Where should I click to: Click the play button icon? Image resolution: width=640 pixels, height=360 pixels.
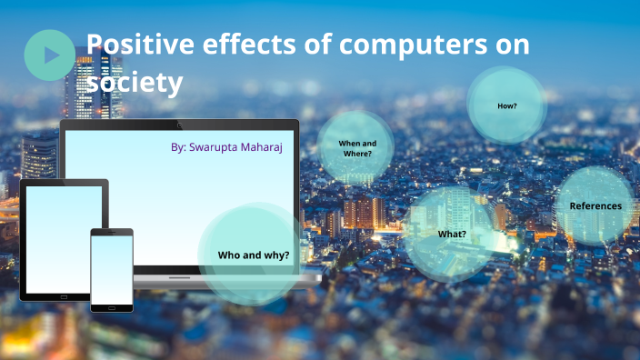[x=50, y=55]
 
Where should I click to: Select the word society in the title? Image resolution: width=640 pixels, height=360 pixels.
[x=135, y=83]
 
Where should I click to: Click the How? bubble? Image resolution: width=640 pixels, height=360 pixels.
[x=506, y=105]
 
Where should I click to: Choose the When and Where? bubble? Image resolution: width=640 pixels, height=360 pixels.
[x=356, y=148]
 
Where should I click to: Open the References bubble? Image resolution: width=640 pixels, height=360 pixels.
[x=595, y=205]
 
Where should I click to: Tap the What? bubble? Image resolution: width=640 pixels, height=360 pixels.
[x=452, y=234]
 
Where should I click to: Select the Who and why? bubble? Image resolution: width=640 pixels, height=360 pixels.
[x=253, y=255]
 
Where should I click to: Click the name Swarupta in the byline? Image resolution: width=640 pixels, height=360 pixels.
[x=214, y=146]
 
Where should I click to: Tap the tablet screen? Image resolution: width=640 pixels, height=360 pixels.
[x=62, y=238]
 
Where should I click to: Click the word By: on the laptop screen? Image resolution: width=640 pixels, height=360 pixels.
[x=178, y=146]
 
